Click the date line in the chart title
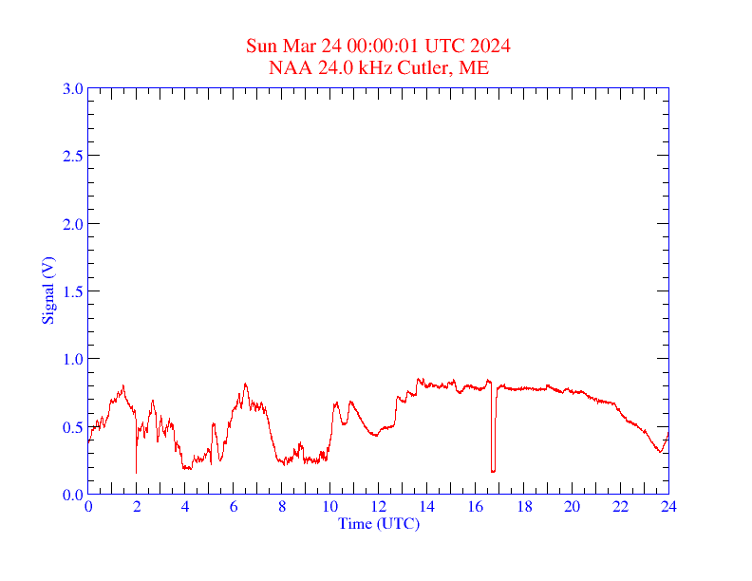(x=378, y=47)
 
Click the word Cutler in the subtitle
(x=429, y=67)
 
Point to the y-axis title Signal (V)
(x=47, y=290)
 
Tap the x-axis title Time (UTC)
(x=378, y=523)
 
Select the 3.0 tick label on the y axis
(x=72, y=88)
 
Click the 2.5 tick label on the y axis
(x=72, y=156)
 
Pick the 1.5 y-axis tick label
(x=72, y=291)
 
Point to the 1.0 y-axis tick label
(x=72, y=359)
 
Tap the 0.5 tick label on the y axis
(x=72, y=427)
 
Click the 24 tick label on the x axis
(x=668, y=507)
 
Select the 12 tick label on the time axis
(x=379, y=507)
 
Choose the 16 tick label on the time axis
(x=476, y=507)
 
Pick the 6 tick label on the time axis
(x=234, y=507)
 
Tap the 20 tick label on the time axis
(x=573, y=507)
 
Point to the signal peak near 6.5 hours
(x=245, y=384)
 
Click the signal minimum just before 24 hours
(x=659, y=452)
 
